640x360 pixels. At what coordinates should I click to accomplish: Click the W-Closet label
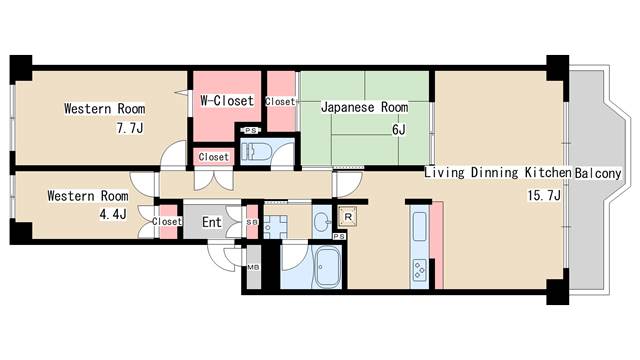coord(227,101)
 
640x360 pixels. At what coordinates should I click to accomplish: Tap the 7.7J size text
coord(130,129)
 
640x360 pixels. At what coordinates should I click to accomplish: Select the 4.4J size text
coord(113,214)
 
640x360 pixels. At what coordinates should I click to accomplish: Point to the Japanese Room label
coord(364,107)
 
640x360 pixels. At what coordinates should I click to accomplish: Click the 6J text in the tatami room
coord(399,130)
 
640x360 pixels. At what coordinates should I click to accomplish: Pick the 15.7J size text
coord(544,196)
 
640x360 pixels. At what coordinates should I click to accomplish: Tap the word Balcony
coord(598,173)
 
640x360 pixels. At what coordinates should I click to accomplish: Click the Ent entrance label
coord(212,222)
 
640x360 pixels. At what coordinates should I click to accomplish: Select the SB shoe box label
coord(252,222)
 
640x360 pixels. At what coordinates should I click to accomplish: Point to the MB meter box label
coord(253,268)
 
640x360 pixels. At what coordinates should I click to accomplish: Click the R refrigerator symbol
coord(348,217)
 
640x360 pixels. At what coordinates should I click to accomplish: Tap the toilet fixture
coord(256,151)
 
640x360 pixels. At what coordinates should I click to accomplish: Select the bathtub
coord(327,267)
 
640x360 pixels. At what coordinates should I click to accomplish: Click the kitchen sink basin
coord(420,226)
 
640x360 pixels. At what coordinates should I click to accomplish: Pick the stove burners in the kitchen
coord(419,269)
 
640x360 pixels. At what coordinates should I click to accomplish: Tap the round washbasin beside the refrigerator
coord(322,222)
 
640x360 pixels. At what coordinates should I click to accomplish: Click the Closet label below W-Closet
coord(213,157)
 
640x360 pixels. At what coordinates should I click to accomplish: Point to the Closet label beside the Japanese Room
coord(280,101)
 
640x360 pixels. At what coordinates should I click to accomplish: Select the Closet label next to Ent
coord(167,222)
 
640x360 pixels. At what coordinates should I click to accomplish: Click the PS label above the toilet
coord(251,131)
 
